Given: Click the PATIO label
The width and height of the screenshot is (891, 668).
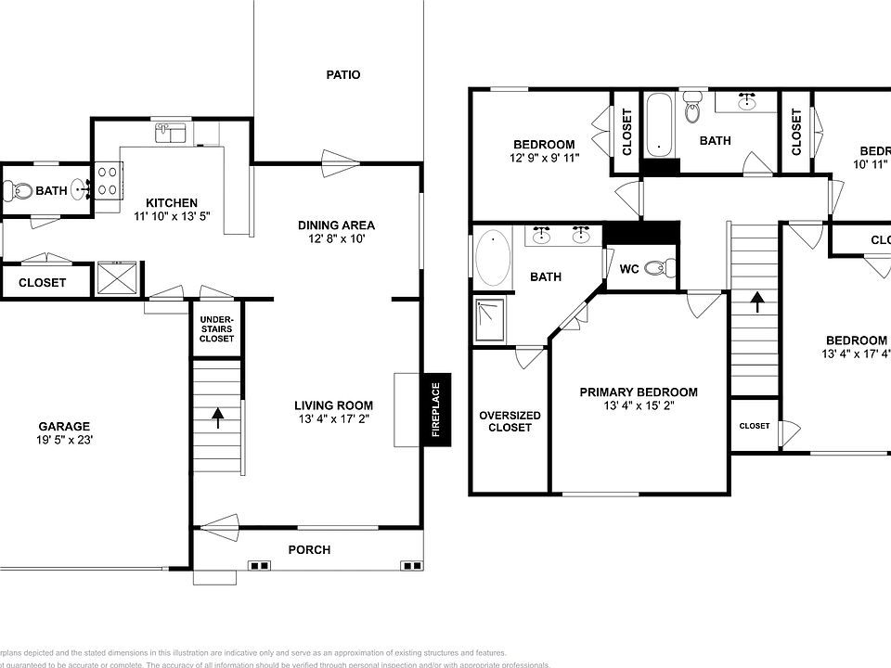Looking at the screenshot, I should click(342, 75).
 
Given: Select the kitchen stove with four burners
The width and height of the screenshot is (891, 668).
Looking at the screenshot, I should click(106, 180).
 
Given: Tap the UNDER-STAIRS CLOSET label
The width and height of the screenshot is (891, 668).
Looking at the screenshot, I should click(216, 328).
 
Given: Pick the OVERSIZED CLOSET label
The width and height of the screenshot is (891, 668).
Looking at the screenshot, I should click(510, 421).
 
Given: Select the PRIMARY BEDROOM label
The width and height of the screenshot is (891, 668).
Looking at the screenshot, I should click(639, 392).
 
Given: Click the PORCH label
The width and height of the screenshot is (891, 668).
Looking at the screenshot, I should click(309, 549).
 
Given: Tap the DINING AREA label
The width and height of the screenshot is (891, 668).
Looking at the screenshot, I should click(336, 225).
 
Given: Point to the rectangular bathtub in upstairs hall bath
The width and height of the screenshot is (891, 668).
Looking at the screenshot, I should click(660, 123).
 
